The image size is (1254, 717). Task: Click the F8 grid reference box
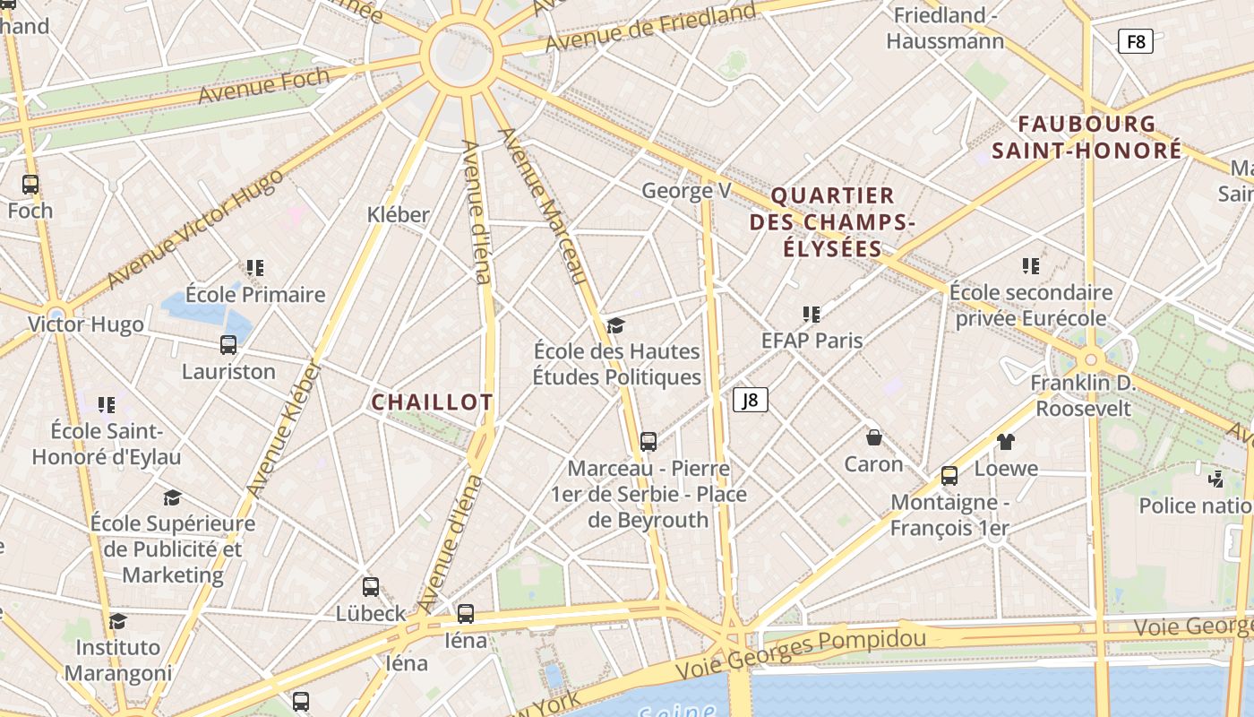pyautogui.click(x=1135, y=41)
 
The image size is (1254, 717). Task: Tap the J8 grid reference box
pyautogui.click(x=751, y=400)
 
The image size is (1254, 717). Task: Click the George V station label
pyautogui.click(x=686, y=190)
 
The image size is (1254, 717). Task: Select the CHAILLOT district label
pyautogui.click(x=432, y=402)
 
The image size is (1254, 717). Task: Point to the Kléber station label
pyautogui.click(x=399, y=214)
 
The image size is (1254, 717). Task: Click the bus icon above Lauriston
pyautogui.click(x=228, y=345)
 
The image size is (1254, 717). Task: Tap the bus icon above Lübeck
pyautogui.click(x=371, y=587)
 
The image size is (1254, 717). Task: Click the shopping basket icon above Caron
pyautogui.click(x=874, y=437)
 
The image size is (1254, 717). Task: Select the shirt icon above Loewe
pyautogui.click(x=1006, y=441)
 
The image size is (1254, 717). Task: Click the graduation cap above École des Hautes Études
pyautogui.click(x=615, y=324)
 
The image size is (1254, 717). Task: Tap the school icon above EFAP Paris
pyautogui.click(x=812, y=314)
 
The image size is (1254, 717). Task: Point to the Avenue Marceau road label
pyautogui.click(x=541, y=205)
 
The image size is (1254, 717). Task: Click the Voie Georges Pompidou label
pyautogui.click(x=801, y=654)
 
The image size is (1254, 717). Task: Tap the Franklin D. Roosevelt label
pyautogui.click(x=1083, y=396)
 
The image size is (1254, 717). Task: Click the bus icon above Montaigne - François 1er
pyautogui.click(x=949, y=475)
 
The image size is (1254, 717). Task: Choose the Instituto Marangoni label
pyautogui.click(x=118, y=660)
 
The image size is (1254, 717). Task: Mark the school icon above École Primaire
pyautogui.click(x=255, y=267)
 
